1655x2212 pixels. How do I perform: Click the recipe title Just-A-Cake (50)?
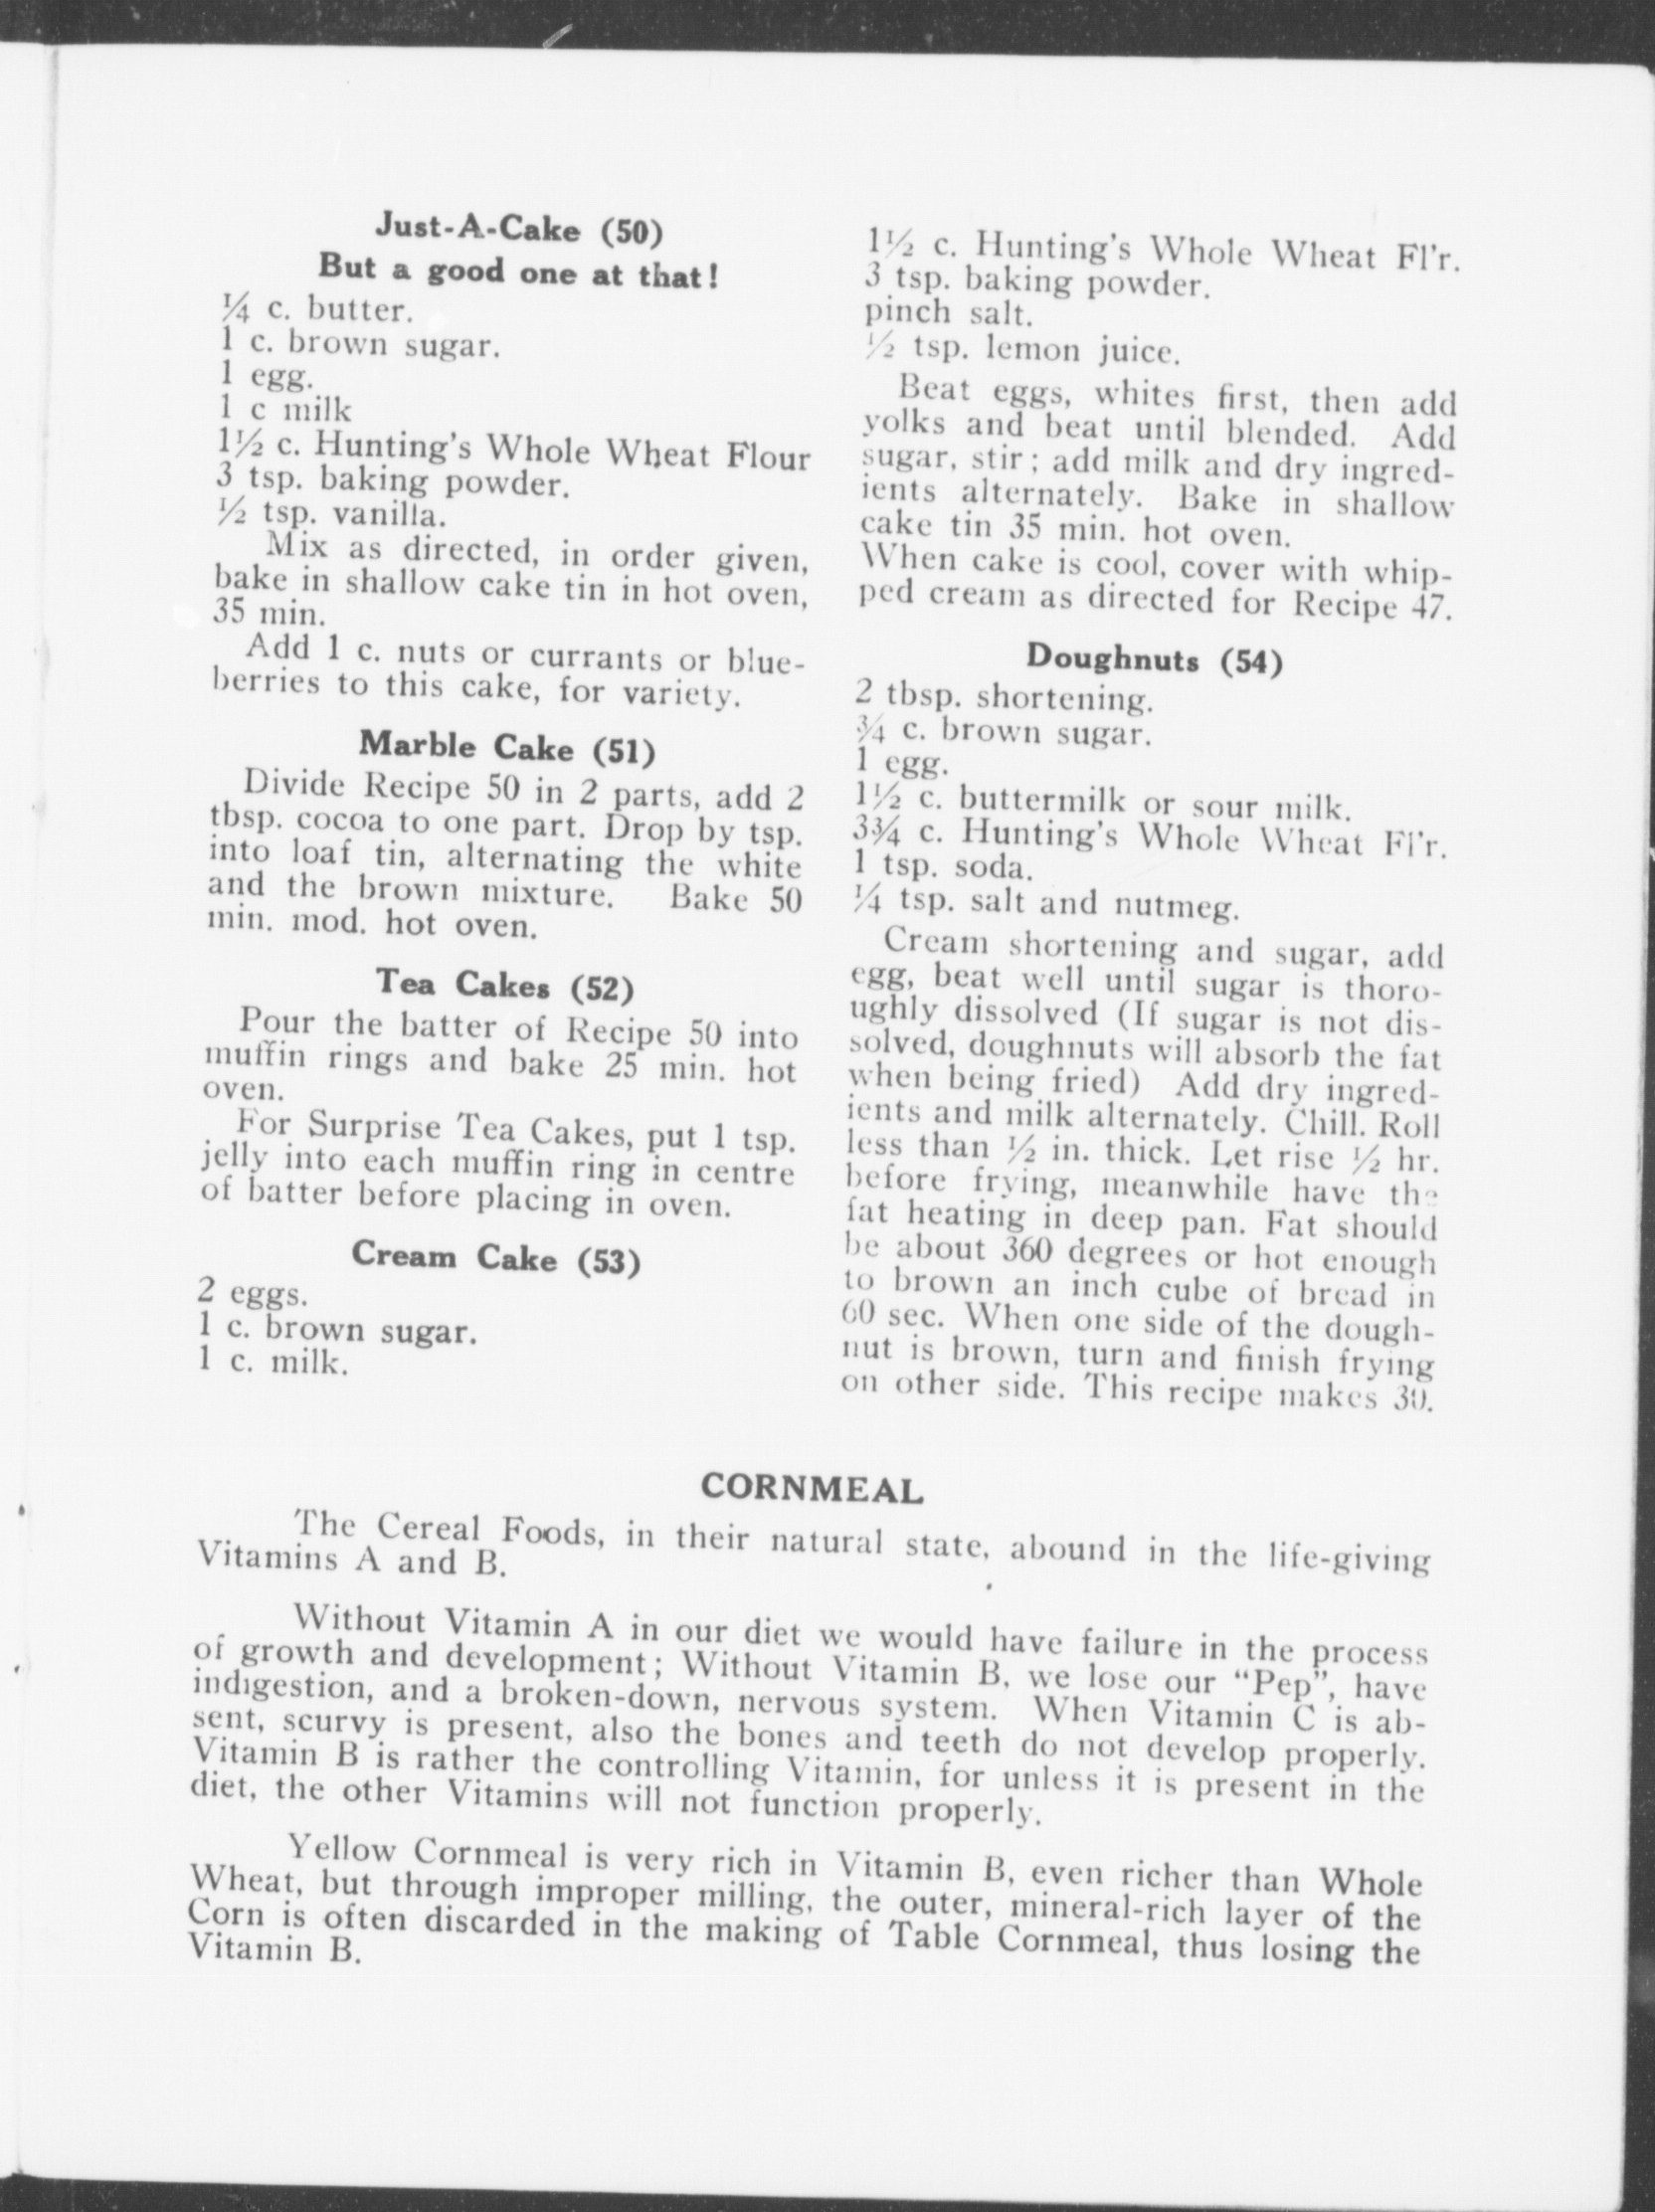pyautogui.click(x=519, y=229)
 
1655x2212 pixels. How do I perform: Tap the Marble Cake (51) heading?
pyautogui.click(x=507, y=746)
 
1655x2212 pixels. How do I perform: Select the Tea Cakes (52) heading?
pyautogui.click(x=505, y=984)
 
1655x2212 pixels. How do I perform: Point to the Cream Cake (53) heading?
pyautogui.click(x=495, y=1257)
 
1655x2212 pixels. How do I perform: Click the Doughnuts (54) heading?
pyautogui.click(x=1154, y=659)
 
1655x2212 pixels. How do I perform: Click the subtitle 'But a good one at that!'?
pyautogui.click(x=519, y=270)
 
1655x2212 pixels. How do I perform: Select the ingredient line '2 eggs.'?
pyautogui.click(x=252, y=1294)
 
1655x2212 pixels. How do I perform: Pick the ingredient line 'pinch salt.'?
pyautogui.click(x=947, y=314)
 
